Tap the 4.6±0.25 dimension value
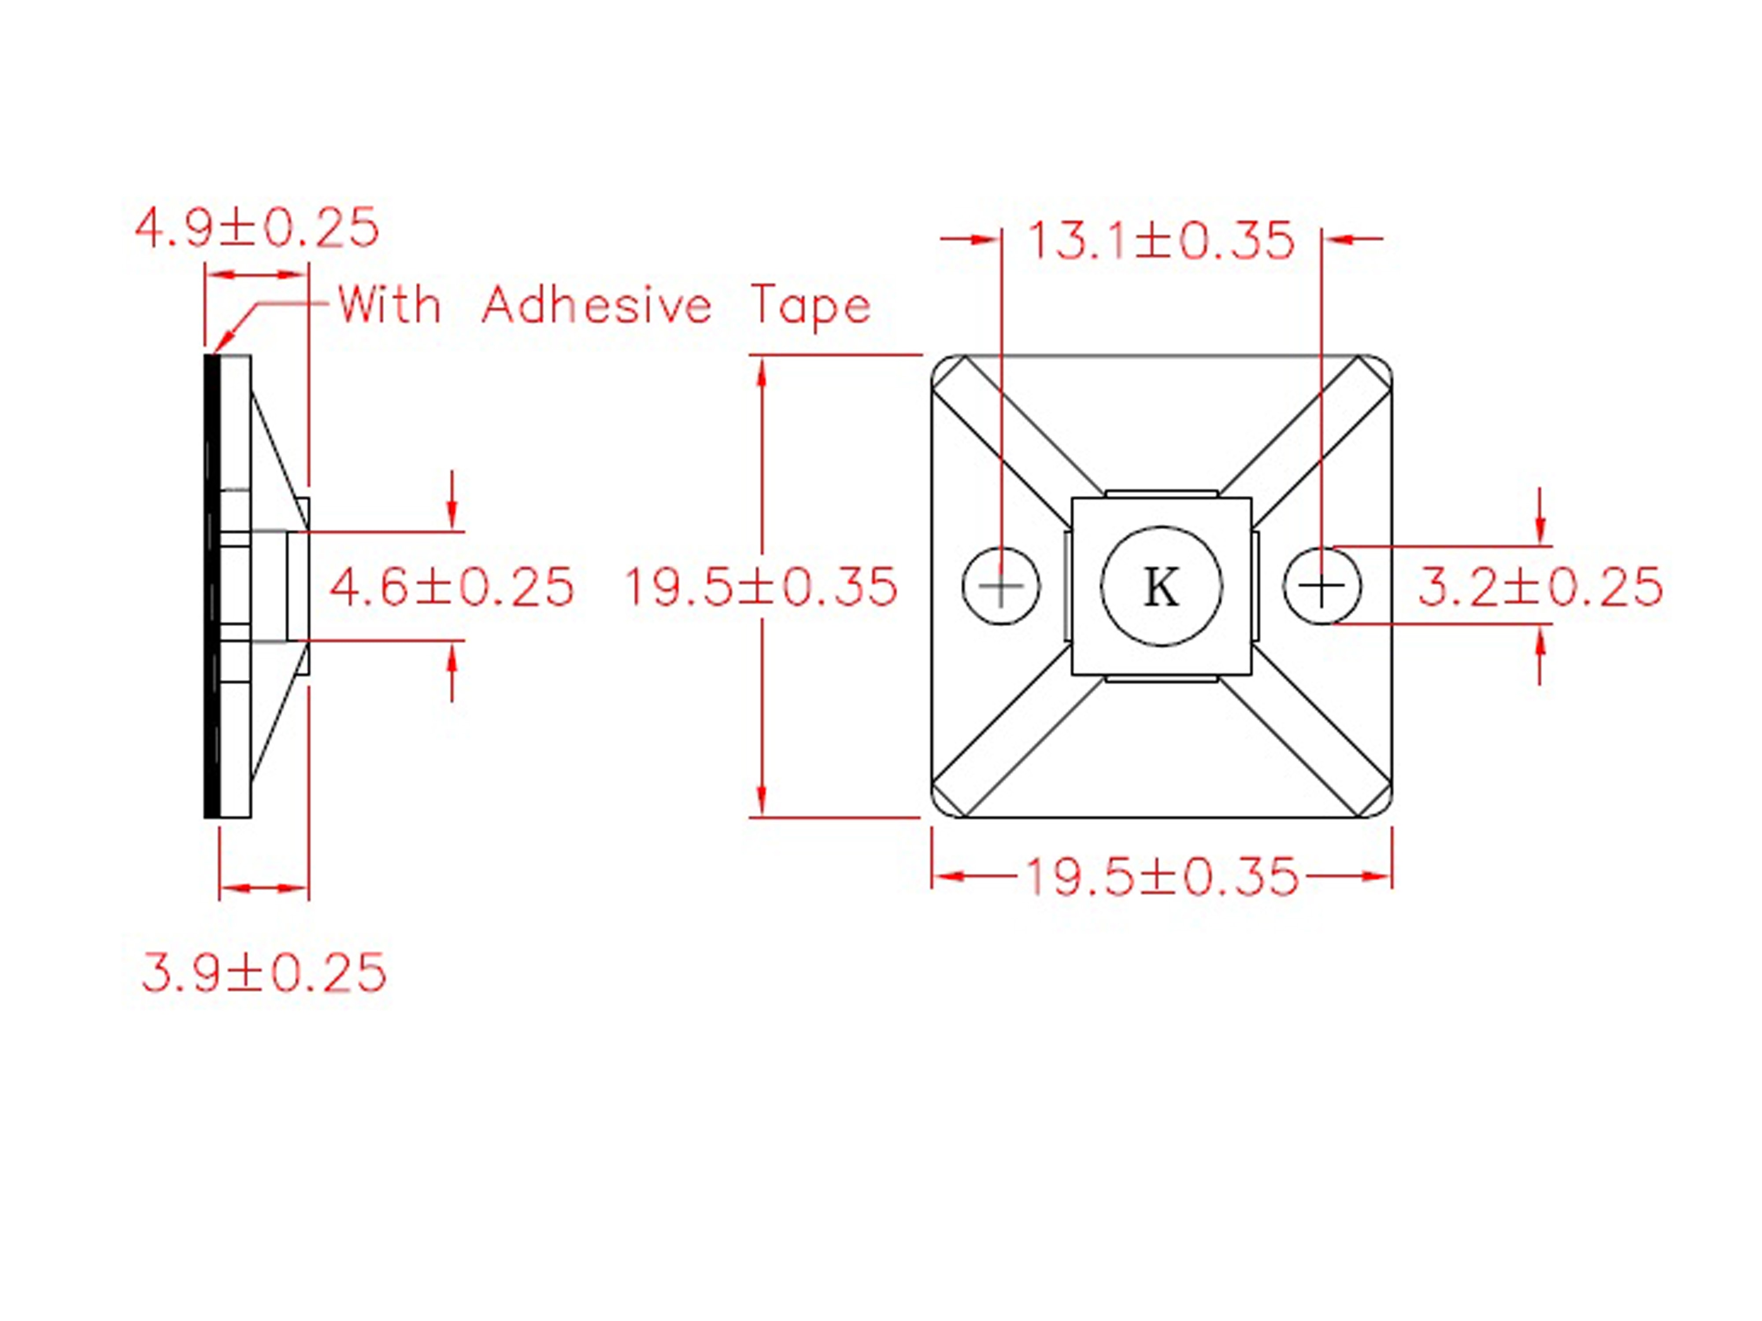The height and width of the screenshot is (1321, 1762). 452,588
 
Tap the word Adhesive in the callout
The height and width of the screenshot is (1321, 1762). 596,305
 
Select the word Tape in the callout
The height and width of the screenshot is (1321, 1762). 811,307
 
